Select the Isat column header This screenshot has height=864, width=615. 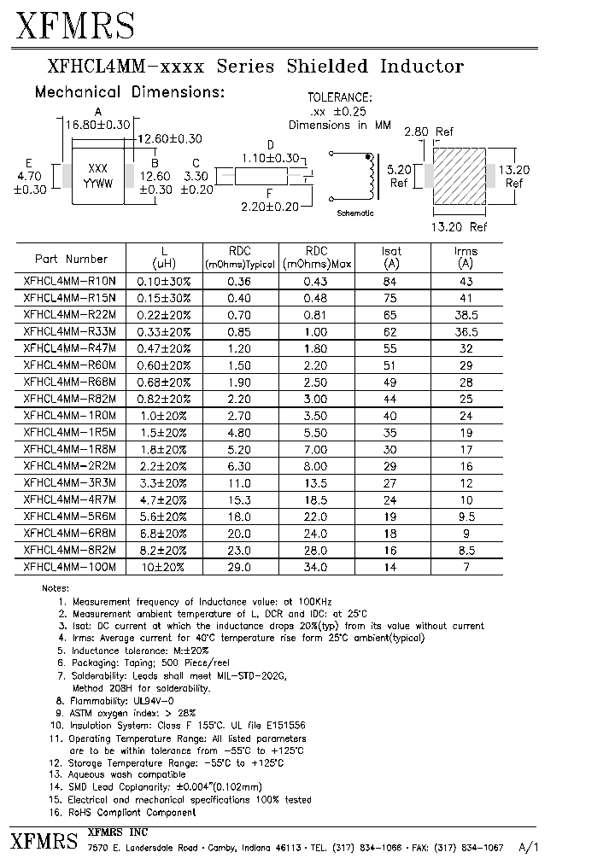point(391,257)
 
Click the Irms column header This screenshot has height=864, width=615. point(466,257)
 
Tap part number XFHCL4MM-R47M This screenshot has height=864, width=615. point(70,348)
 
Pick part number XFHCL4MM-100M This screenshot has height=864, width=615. point(70,567)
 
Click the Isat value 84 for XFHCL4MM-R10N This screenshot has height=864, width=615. point(391,281)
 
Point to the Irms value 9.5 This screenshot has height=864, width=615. point(466,516)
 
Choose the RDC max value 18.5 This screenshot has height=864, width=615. point(316,499)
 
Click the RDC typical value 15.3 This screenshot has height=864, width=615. point(239,499)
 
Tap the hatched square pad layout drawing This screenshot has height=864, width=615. point(460,176)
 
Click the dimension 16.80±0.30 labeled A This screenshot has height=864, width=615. point(97,125)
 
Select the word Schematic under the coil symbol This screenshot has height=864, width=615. point(355,213)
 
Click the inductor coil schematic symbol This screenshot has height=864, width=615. point(369,176)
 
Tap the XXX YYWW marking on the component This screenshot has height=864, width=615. point(97,176)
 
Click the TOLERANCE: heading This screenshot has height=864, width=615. point(339,98)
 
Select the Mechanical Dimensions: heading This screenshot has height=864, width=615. point(129,92)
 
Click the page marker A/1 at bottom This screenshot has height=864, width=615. point(529,848)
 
